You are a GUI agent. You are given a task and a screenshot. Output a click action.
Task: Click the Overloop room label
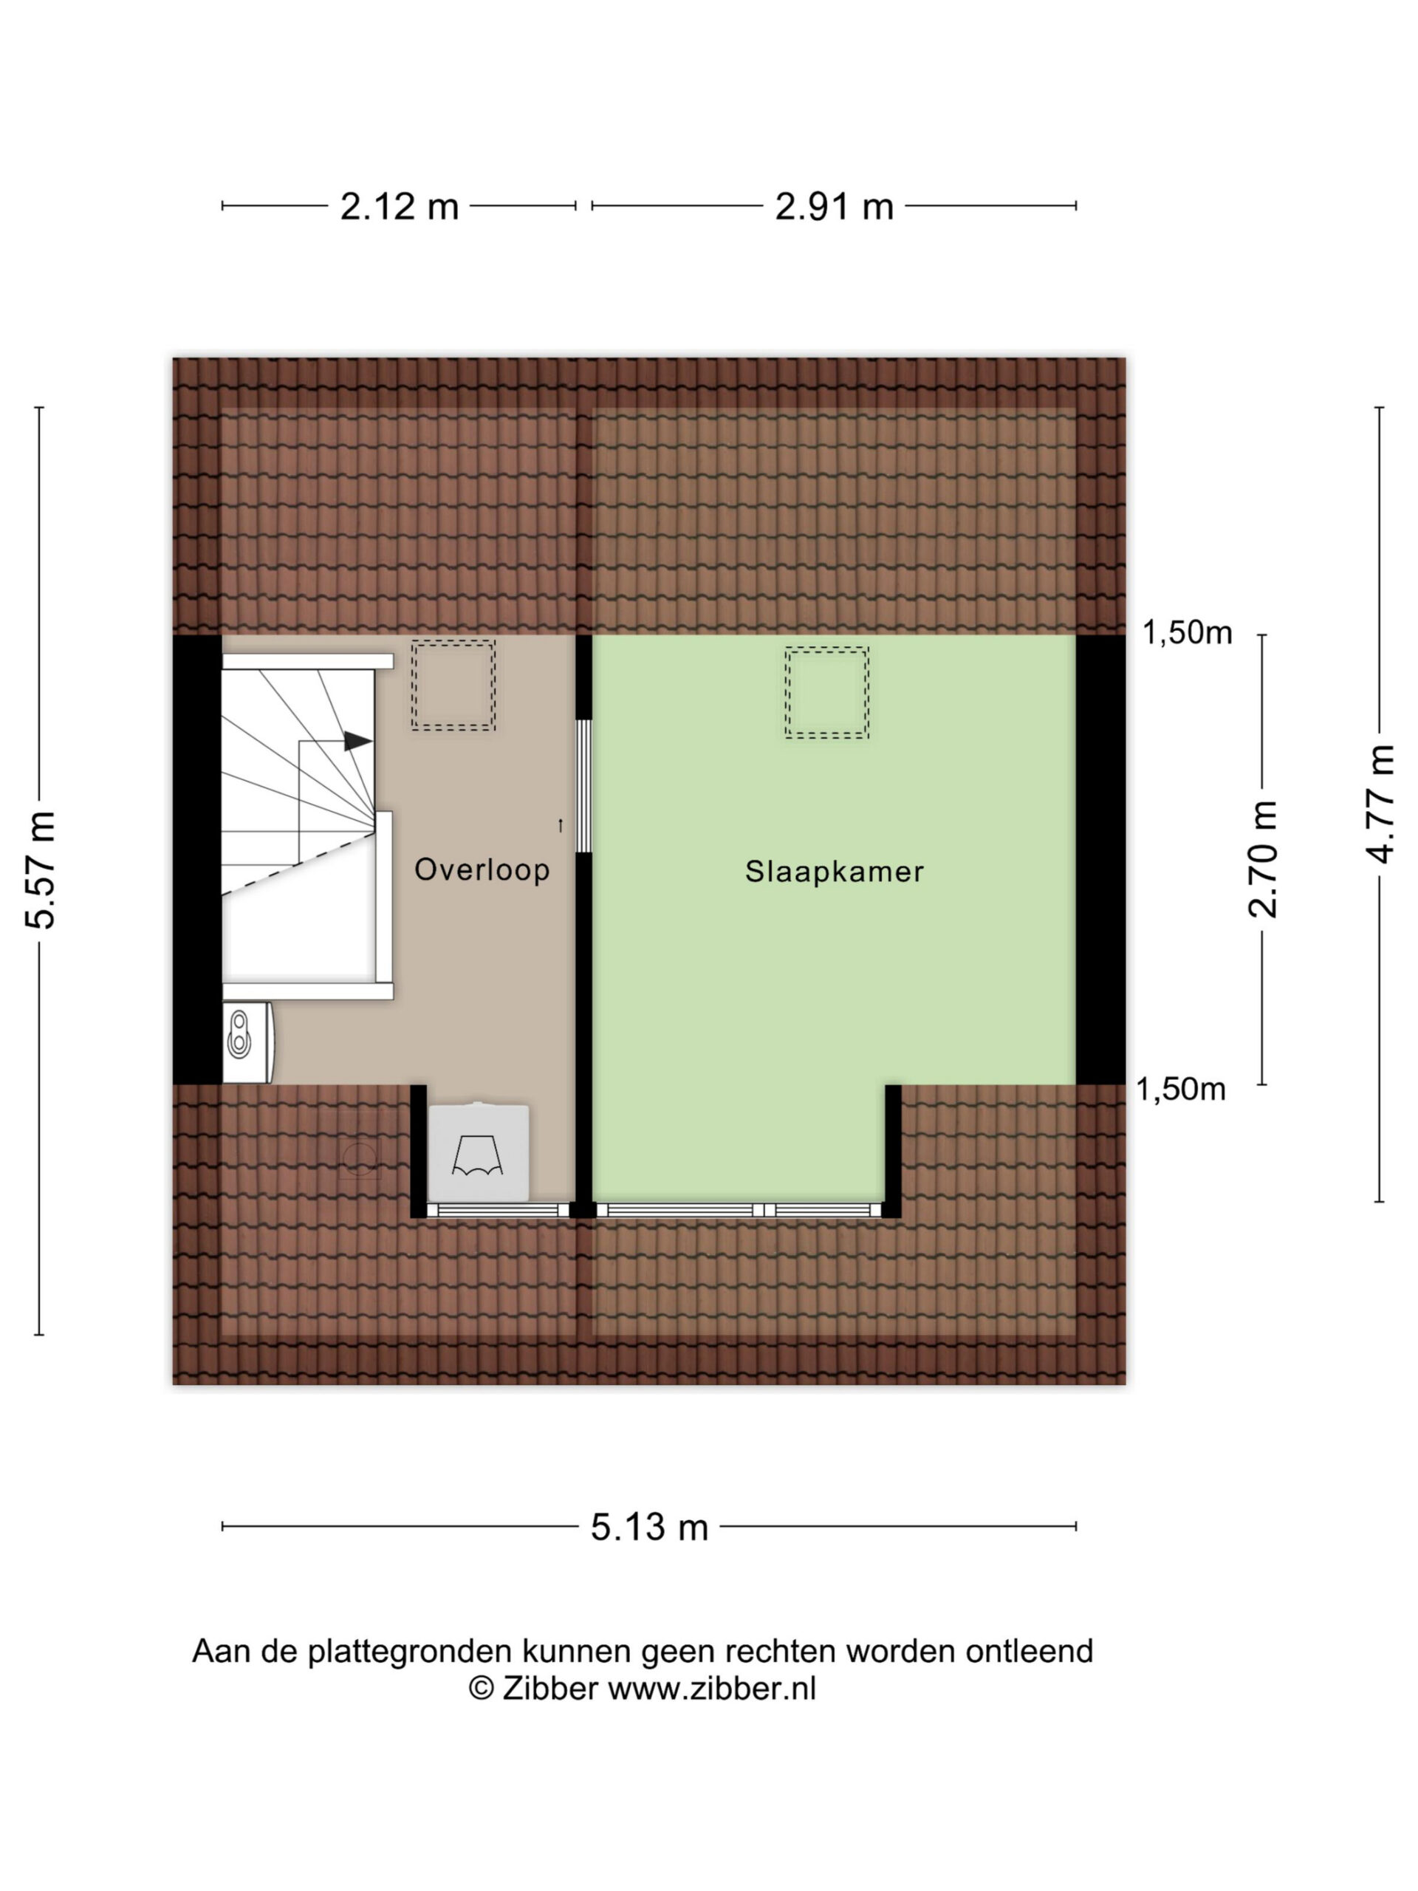482,869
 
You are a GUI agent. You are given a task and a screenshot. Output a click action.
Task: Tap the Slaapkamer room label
835,872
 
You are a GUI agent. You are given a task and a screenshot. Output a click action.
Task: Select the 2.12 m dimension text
399,207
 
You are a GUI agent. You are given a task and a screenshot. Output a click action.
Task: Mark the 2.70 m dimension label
1264,859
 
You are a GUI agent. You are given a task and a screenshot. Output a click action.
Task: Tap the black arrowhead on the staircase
357,741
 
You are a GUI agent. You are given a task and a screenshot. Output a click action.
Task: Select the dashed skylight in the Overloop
453,685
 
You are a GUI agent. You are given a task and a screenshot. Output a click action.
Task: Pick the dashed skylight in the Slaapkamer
826,692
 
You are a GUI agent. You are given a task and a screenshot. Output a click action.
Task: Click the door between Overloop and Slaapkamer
583,787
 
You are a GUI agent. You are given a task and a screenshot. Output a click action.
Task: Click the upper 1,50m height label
1188,632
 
